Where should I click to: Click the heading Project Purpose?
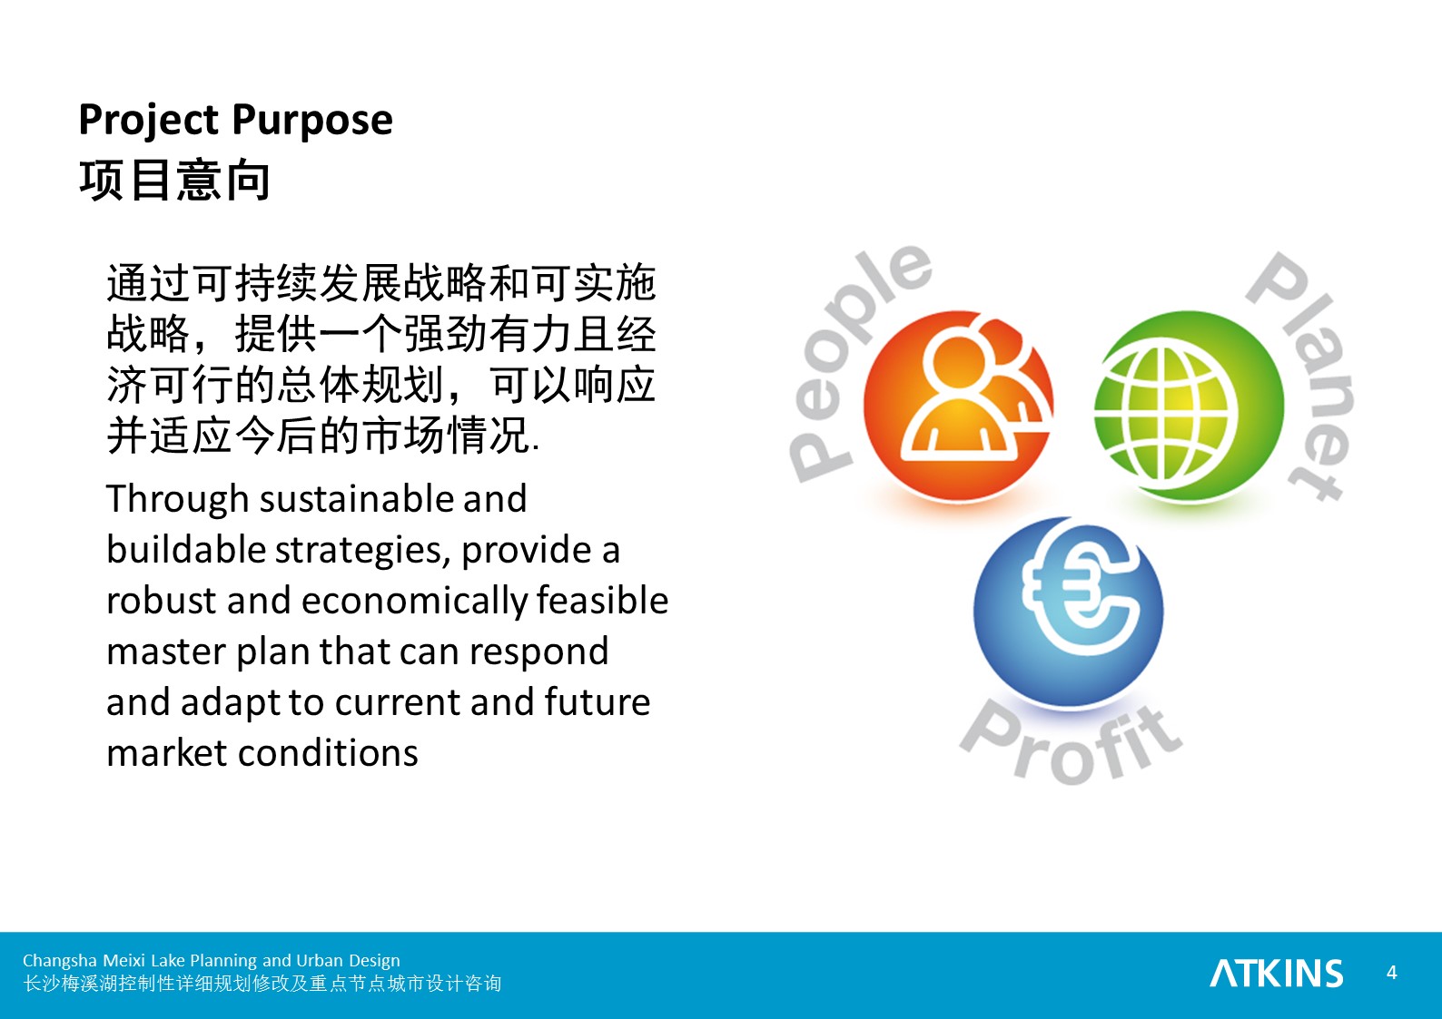(235, 122)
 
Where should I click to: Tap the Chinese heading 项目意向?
(174, 181)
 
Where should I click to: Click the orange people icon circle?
(959, 406)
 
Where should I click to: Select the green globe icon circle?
(1189, 406)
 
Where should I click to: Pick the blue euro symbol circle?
(1069, 612)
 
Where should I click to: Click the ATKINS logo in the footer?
(1277, 974)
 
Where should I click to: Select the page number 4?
(1392, 973)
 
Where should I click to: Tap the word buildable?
(186, 550)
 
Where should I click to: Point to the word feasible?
(603, 601)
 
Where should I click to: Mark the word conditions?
(328, 753)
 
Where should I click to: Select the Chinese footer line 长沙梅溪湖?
(262, 984)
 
